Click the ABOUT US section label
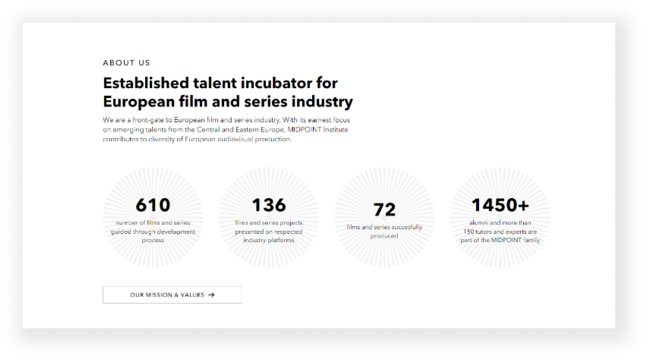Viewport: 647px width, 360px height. (x=127, y=63)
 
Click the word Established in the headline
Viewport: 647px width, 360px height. (x=146, y=83)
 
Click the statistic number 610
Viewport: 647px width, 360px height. (x=153, y=205)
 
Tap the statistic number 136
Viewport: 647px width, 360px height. (x=269, y=205)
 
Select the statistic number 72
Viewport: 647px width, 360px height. (x=384, y=209)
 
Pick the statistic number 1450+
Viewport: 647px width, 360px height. (x=500, y=205)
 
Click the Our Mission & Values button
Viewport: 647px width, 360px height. (x=172, y=295)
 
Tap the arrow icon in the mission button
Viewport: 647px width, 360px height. (x=211, y=295)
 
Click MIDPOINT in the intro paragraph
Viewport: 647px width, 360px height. (x=304, y=130)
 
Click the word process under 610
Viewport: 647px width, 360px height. (x=153, y=240)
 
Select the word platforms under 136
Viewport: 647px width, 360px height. (x=280, y=240)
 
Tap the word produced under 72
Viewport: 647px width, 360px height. (x=384, y=236)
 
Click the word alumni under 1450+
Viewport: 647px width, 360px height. (x=479, y=223)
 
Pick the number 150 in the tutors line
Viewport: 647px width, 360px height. (x=469, y=232)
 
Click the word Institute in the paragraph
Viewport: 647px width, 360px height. (x=335, y=130)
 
